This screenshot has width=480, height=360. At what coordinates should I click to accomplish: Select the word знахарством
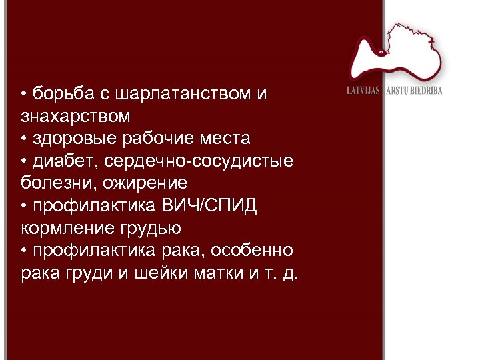click(75, 117)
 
